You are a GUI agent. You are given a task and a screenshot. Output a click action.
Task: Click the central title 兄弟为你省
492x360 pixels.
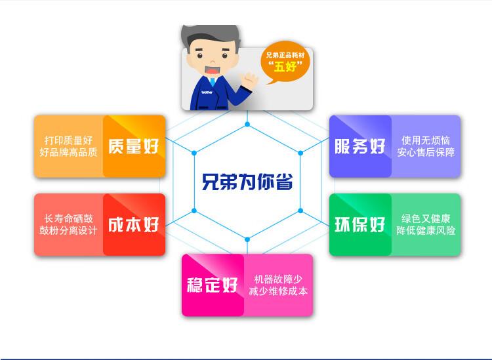point(247,181)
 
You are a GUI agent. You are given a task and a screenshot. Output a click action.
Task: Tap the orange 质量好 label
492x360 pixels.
point(134,146)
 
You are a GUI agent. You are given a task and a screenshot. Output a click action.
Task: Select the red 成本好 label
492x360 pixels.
point(134,225)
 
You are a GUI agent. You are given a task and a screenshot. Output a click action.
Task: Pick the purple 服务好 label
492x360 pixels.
point(359,146)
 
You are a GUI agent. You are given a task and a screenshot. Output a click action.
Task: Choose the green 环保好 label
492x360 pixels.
point(359,224)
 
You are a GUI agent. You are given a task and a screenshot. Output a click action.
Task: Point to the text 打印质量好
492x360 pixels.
point(68,140)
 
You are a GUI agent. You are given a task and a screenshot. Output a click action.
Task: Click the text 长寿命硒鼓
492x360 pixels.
point(68,218)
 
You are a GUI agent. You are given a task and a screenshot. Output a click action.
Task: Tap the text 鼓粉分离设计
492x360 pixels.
point(68,231)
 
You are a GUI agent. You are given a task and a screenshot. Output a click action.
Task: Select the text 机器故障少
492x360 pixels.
point(278,279)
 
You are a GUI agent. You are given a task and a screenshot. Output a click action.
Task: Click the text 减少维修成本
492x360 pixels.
point(278,291)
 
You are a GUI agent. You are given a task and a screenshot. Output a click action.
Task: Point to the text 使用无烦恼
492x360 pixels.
point(426,140)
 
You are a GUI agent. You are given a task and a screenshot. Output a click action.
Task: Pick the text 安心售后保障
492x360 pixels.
point(426,153)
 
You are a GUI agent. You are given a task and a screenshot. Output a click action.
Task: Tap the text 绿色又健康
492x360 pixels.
point(426,218)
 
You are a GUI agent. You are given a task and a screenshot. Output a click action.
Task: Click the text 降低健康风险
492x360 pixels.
point(426,231)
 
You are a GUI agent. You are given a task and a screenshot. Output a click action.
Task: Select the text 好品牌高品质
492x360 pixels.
point(68,152)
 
